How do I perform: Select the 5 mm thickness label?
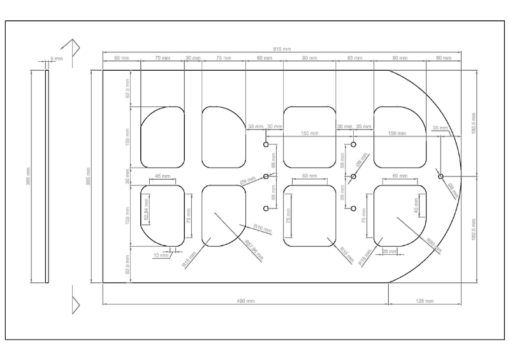57,59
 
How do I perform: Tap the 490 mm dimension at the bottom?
245,300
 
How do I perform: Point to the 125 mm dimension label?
425,300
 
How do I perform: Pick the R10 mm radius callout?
260,227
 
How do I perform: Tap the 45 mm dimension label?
163,176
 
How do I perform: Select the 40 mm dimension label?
416,206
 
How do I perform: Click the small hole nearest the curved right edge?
441,176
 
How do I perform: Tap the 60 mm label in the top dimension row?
443,58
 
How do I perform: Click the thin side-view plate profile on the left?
47,176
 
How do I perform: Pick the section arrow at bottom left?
75,304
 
